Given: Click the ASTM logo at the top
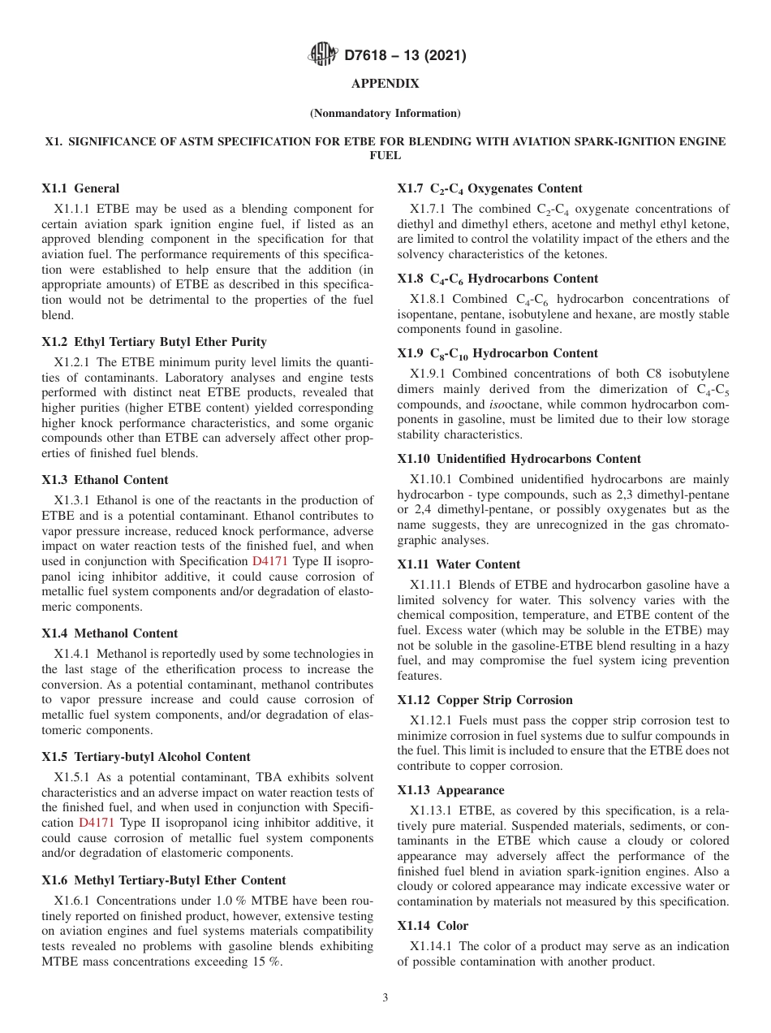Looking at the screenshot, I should coord(324,55).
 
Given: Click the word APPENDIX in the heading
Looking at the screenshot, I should coord(385,84).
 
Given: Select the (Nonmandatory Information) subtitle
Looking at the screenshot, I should coord(385,113).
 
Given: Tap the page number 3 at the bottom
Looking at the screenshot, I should coord(385,997).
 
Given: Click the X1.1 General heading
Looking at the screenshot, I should coord(80,188).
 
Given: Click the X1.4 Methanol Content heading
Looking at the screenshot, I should coord(110,633).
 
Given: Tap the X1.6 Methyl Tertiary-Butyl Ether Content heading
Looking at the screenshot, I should coord(163,880).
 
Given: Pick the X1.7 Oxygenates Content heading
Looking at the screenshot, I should coord(489,188).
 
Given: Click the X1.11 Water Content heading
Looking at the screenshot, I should coord(459,564).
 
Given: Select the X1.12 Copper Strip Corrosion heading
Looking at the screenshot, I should coord(485,700).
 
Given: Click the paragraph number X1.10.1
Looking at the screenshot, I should coord(433,479).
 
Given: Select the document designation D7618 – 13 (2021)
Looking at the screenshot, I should coord(405,56).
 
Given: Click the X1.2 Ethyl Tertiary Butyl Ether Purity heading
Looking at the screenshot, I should coord(154,342).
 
